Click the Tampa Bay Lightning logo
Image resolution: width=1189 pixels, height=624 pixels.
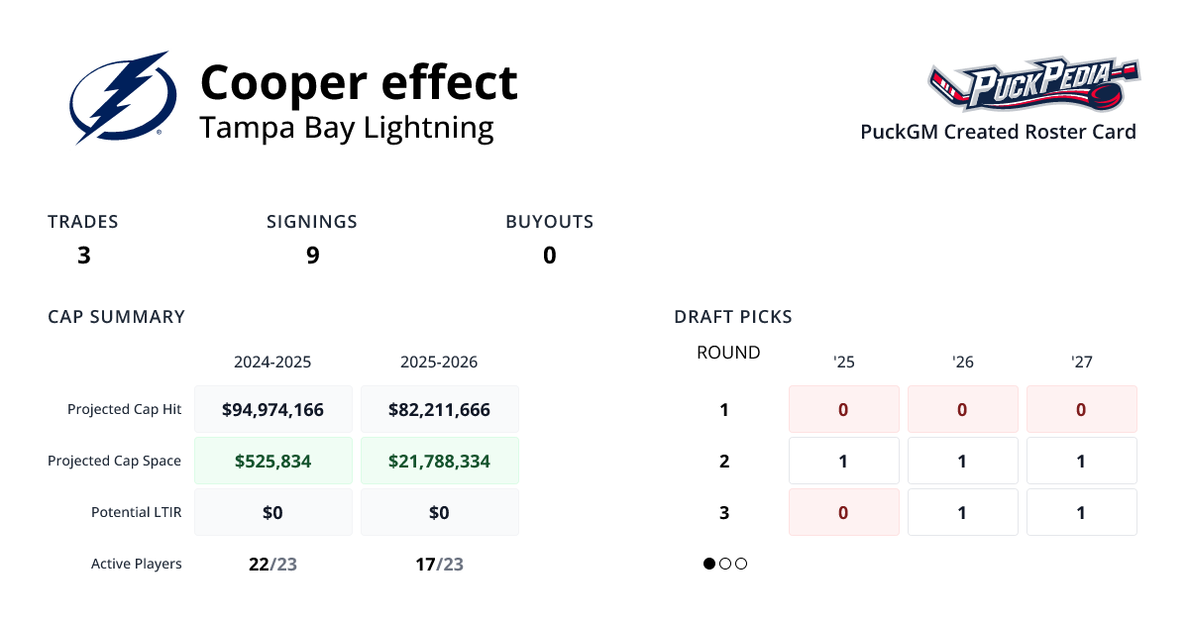[123, 97]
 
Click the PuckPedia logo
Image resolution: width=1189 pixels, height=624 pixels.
[1034, 85]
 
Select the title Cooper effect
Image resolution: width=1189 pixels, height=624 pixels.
[359, 82]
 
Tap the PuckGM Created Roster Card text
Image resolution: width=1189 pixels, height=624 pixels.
[998, 132]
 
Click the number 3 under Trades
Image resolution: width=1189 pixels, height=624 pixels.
[84, 256]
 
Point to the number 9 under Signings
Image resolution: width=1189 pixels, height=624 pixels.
[312, 256]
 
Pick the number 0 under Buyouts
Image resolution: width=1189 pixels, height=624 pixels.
[549, 256]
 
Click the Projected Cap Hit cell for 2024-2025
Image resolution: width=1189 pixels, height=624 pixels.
[272, 409]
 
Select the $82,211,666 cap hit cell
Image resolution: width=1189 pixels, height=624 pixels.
[439, 409]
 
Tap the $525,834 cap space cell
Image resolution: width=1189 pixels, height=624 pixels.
[272, 461]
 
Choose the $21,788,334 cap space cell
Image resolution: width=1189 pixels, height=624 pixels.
[439, 461]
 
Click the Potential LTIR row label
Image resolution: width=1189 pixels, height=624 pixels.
[136, 512]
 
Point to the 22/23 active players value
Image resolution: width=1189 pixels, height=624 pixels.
[272, 565]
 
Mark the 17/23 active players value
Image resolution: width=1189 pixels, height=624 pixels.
[439, 565]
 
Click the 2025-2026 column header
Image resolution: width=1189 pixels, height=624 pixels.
[439, 363]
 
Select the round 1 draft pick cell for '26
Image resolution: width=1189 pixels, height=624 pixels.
[962, 409]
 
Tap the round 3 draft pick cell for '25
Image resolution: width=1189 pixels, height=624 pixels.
[843, 512]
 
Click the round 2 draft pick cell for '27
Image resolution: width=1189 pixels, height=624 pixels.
[1081, 461]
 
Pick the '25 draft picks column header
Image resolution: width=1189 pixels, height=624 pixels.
[843, 363]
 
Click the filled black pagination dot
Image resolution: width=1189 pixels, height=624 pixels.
[709, 564]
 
